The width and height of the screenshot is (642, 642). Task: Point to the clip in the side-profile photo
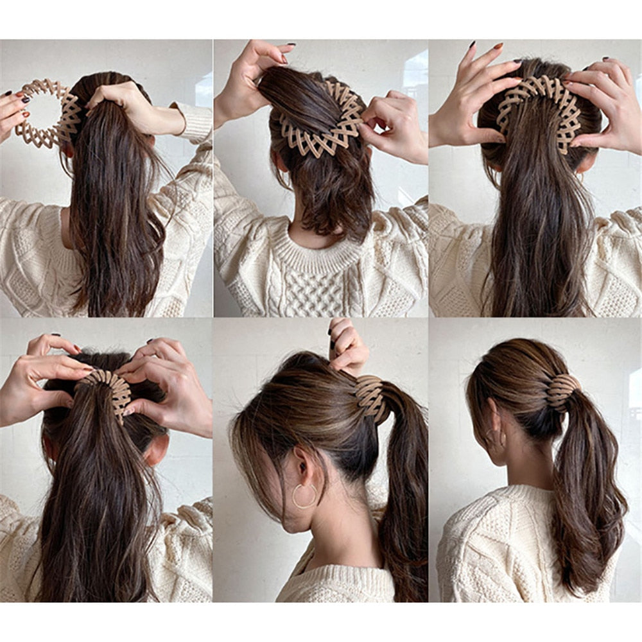[372, 398]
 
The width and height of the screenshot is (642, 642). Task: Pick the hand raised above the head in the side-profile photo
[347, 347]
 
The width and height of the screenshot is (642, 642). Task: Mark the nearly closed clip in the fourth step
[109, 388]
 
